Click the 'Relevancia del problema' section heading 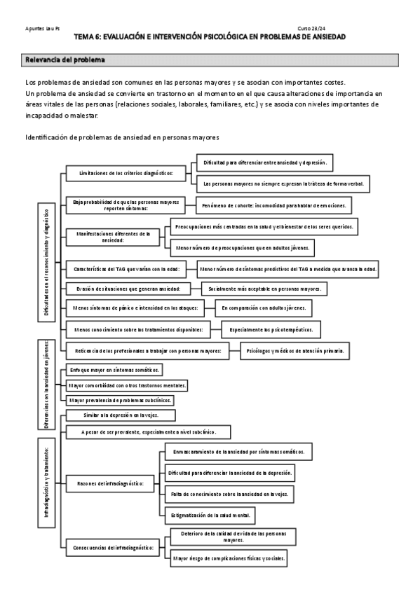[x=65, y=60]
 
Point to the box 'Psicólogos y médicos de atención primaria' [x=295, y=350]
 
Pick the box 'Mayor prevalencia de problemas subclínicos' [x=119, y=400]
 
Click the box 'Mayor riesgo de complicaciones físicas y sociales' [x=228, y=558]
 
